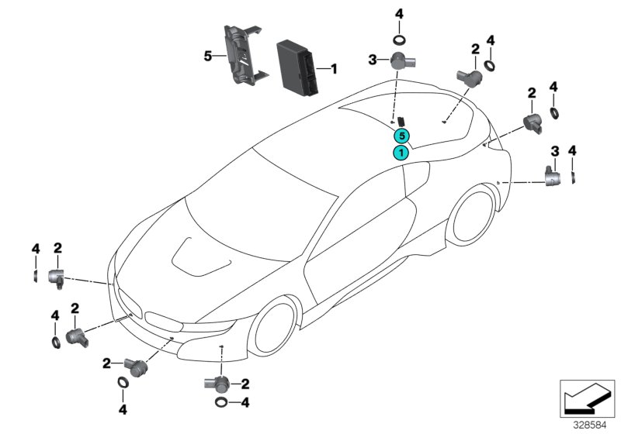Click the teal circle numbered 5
coord(401,135)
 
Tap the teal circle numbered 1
coord(401,152)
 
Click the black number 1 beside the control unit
coord(335,69)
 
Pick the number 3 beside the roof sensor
coord(373,59)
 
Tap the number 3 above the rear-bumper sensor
coord(554,150)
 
